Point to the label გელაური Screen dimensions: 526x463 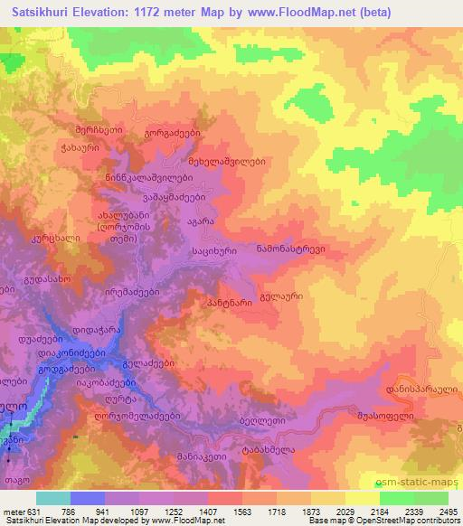coord(280,295)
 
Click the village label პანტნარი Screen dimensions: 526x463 coord(228,304)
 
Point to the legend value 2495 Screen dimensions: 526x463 coord(447,512)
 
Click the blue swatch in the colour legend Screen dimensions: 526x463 coord(88,498)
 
